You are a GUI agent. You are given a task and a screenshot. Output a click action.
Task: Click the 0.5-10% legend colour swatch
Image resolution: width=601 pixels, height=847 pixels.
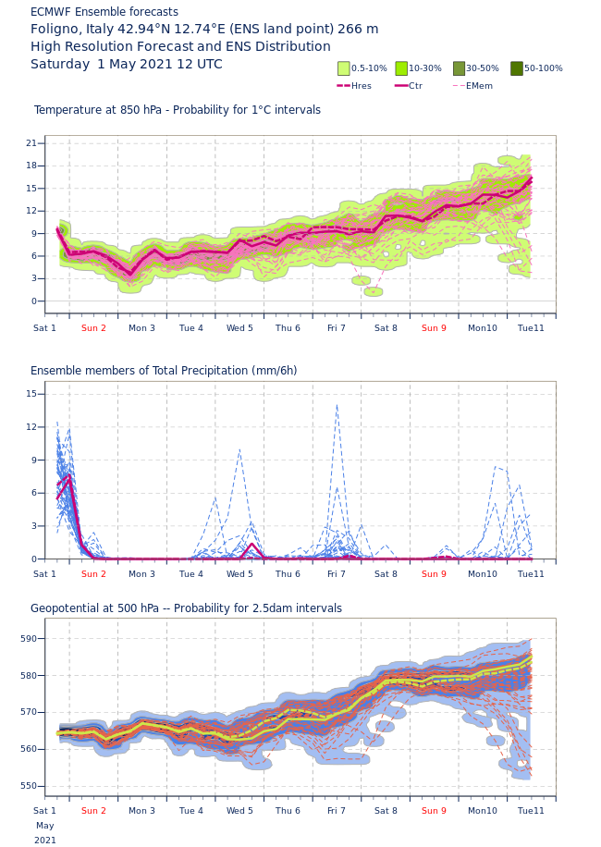coord(344,68)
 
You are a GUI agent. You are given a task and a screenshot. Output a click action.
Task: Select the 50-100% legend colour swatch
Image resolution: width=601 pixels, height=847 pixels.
coord(517,68)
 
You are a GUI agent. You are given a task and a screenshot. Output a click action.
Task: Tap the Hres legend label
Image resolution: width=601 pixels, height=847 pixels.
coord(362,86)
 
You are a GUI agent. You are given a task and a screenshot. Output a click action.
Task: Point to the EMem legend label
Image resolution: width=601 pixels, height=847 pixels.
coord(479,86)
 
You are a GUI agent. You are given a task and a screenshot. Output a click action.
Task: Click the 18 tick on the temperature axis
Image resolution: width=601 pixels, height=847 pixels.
coord(31,166)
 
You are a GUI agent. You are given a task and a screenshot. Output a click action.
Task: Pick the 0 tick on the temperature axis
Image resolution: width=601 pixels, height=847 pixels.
coord(34,301)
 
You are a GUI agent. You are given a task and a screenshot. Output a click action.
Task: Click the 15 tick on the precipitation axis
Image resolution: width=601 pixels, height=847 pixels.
coord(31,394)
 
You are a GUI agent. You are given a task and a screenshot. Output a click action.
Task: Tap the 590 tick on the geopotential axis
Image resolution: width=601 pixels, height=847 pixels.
coord(29,639)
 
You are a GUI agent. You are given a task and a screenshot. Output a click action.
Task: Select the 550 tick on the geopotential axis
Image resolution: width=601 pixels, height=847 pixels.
coord(29,787)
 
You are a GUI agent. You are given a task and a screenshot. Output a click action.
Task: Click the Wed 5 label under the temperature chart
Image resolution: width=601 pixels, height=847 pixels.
coord(239,328)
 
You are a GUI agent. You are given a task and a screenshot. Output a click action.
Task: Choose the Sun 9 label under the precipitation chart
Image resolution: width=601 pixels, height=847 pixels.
coord(434,574)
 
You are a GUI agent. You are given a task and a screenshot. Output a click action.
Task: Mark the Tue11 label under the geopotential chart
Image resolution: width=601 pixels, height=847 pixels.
coord(531,811)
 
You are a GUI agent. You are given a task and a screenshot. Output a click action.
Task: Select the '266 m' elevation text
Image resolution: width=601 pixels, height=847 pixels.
coord(358,29)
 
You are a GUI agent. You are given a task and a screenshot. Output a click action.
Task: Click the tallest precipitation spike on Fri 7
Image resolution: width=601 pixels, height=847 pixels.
coord(337,404)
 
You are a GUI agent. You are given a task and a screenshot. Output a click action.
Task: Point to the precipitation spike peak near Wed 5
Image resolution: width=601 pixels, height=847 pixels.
coord(239,449)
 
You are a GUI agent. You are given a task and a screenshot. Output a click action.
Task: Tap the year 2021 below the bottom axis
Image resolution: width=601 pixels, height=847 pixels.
coord(45,841)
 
